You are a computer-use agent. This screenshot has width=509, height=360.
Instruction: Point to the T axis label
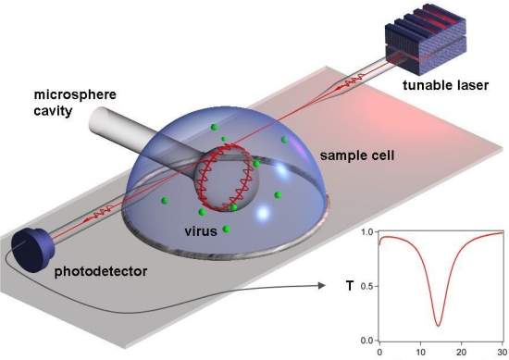click(349, 287)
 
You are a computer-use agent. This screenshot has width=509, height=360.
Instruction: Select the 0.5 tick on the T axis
click(366, 285)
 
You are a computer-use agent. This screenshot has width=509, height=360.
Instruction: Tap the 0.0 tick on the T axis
click(366, 340)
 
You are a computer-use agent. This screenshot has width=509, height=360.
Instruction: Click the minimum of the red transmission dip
click(437, 325)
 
